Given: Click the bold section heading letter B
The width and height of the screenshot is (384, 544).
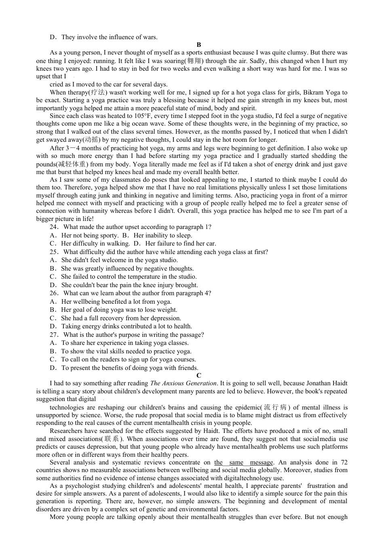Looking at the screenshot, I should point(198,45).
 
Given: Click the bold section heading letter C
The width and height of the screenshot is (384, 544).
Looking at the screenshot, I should point(198,375).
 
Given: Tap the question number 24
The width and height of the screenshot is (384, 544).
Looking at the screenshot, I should point(54,227).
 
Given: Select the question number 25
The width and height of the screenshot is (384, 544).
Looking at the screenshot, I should point(54,252).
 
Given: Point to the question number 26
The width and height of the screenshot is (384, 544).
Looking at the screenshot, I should point(54,293).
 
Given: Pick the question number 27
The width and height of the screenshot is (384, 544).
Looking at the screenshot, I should point(54,335).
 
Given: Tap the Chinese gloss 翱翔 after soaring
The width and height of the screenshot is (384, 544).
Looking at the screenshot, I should point(194,61).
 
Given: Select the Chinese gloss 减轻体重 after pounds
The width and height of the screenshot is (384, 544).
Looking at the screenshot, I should point(72,164).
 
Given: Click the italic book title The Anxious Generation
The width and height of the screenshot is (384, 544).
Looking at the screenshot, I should point(183,383).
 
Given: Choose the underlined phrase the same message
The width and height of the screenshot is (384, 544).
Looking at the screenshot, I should point(244,462).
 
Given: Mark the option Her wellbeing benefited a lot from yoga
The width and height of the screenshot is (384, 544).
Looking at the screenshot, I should point(116,302).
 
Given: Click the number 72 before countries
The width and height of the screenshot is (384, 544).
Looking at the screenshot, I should point(344,462).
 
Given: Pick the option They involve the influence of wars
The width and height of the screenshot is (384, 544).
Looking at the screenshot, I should point(109,37).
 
